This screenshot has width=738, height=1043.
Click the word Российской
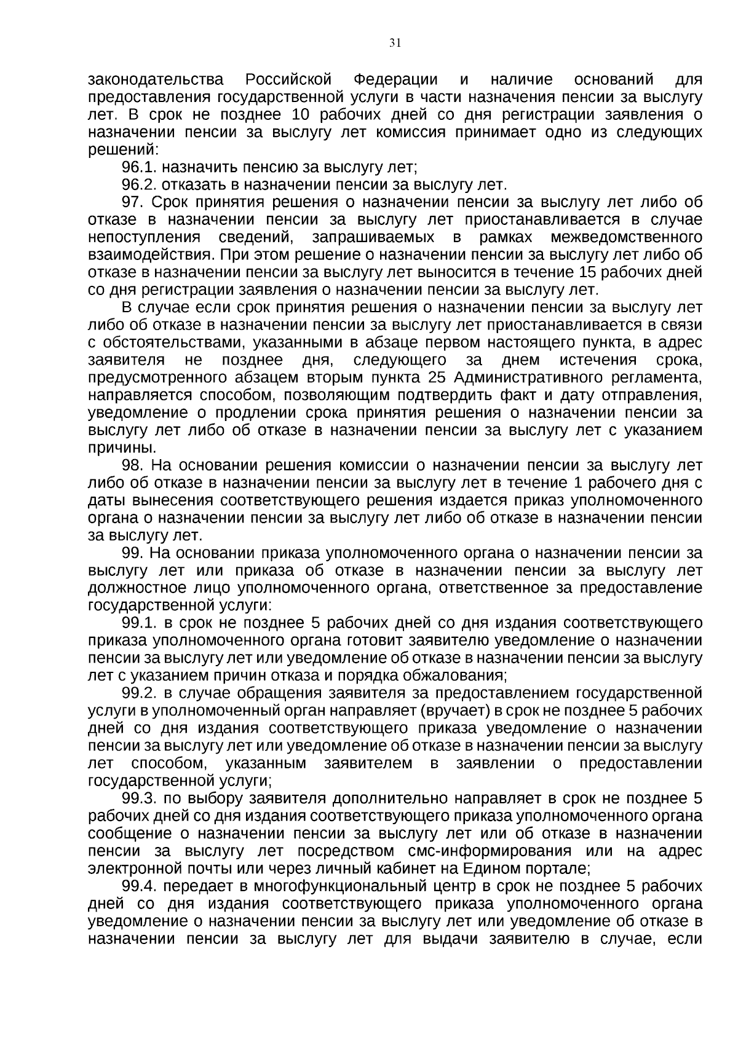pyautogui.click(x=288, y=80)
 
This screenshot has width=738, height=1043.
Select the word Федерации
pyautogui.click(x=395, y=80)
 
